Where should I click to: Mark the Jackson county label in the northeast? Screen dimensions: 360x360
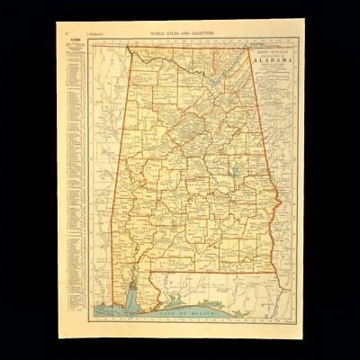tap(230, 63)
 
